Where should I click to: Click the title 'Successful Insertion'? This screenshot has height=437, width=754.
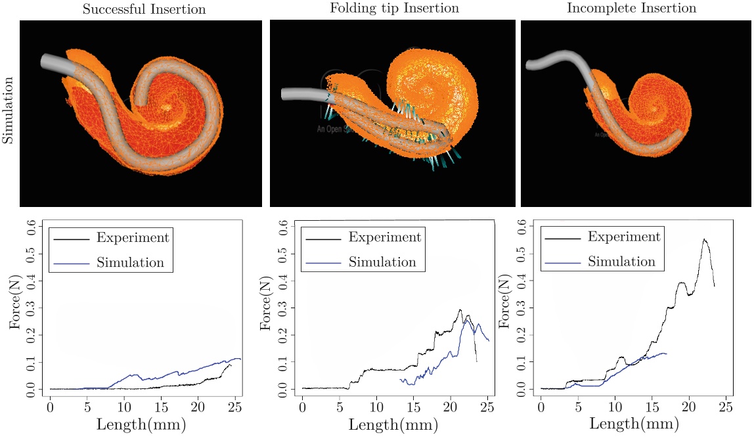pyautogui.click(x=144, y=9)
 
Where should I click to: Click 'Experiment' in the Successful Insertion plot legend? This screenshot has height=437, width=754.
pyautogui.click(x=133, y=238)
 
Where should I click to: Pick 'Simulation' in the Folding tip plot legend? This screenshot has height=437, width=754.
pyautogui.click(x=382, y=262)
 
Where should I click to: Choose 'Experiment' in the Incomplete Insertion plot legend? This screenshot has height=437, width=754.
pyautogui.click(x=624, y=237)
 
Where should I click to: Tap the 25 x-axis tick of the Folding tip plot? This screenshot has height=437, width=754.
pyautogui.click(x=487, y=402)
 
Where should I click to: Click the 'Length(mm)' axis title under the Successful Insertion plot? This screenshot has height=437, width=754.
pyautogui.click(x=144, y=424)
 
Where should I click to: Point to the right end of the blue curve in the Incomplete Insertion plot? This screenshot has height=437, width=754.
pyautogui.click(x=666, y=354)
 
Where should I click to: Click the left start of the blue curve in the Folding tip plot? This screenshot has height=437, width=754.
pyautogui.click(x=400, y=379)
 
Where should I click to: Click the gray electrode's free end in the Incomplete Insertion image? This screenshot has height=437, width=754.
pyautogui.click(x=529, y=64)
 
